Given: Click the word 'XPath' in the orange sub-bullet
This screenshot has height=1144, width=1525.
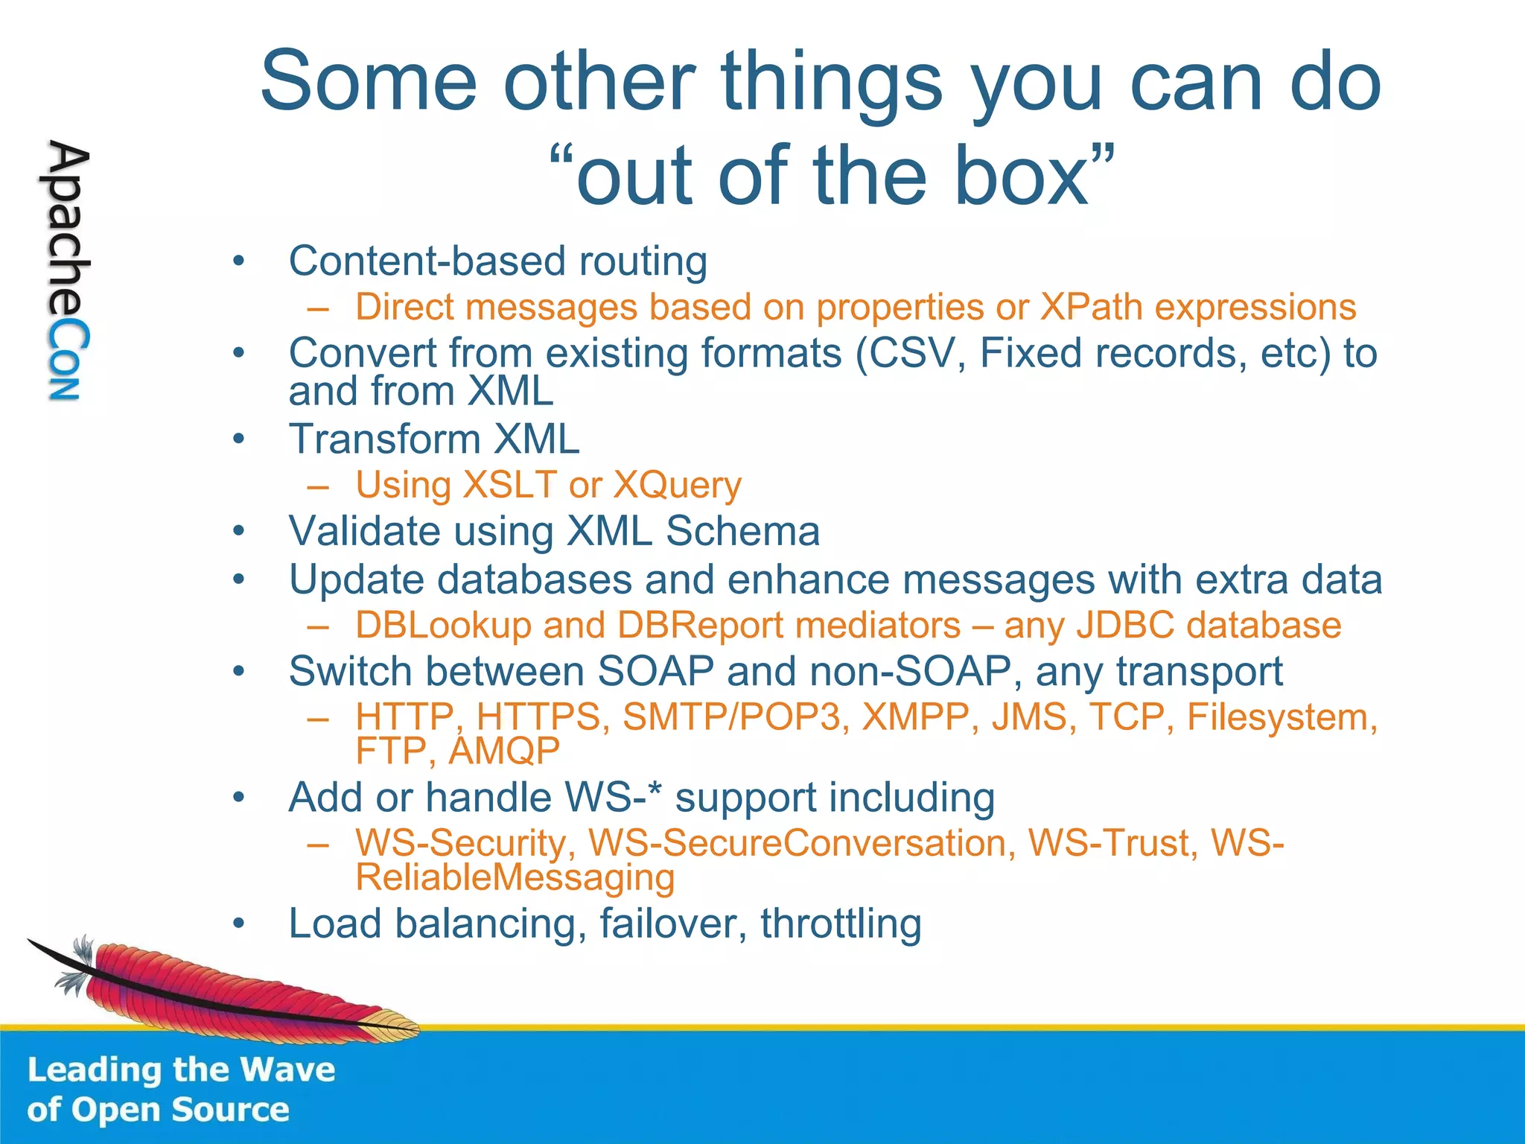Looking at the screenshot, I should click(x=1091, y=308).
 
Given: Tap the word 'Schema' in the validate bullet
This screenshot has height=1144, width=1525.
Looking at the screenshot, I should click(x=742, y=532).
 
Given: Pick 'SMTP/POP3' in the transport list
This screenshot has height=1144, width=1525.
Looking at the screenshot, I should click(x=731, y=717).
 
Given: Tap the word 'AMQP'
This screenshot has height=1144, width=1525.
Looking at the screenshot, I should click(x=504, y=751).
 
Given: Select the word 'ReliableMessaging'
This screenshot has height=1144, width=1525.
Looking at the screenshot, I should click(x=515, y=877).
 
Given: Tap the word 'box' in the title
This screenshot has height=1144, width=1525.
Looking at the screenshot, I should click(x=1021, y=176).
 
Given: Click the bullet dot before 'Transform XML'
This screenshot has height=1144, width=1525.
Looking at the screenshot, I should click(x=238, y=439).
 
